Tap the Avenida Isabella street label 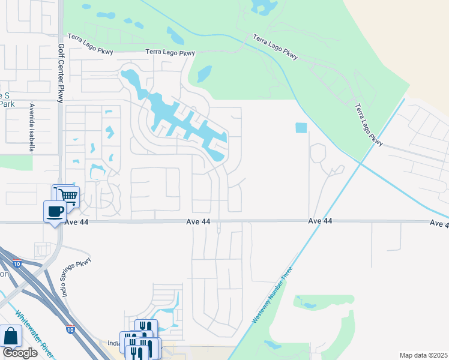[x=29, y=128]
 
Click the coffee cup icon [x=55, y=211]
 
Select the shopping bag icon [x=10, y=336]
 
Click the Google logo [x=20, y=353]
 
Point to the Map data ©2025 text [x=423, y=355]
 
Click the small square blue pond [x=301, y=128]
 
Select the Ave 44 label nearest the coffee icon [x=197, y=222]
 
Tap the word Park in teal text [x=7, y=103]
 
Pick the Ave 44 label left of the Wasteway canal [x=320, y=221]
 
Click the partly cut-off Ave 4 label [x=439, y=223]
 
